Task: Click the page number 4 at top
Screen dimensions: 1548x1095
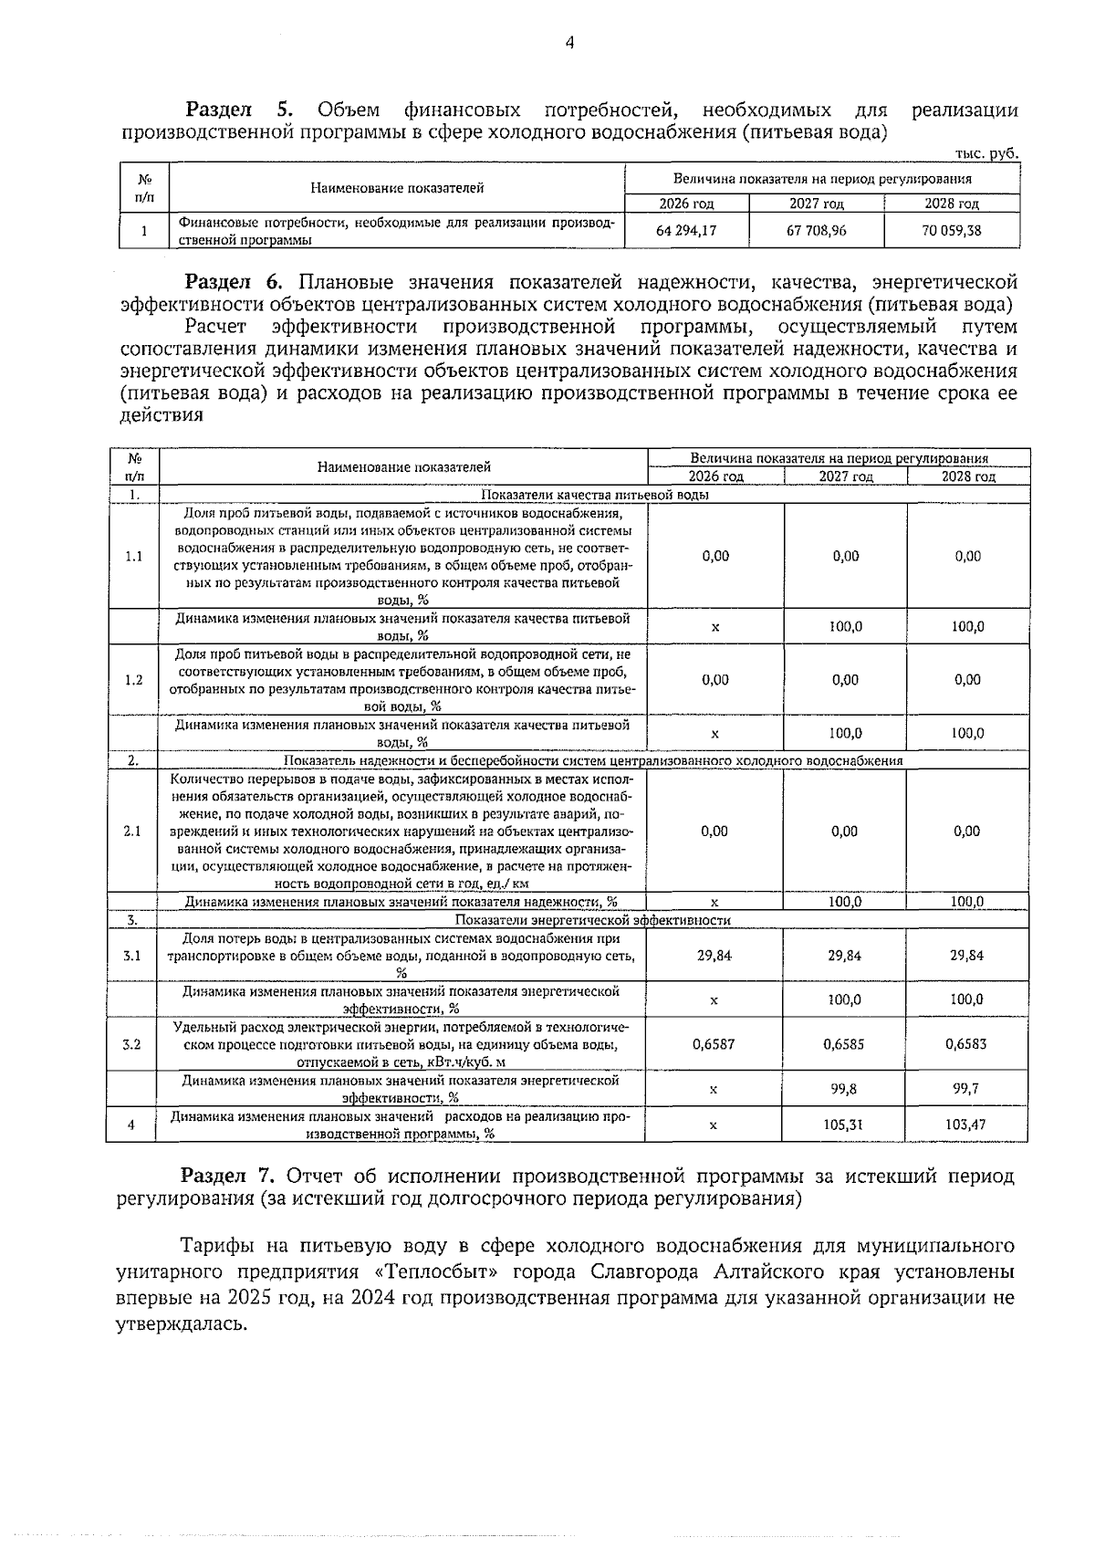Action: point(569,42)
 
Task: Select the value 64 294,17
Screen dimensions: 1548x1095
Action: point(685,231)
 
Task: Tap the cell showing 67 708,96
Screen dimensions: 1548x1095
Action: point(816,231)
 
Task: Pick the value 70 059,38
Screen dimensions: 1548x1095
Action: point(951,231)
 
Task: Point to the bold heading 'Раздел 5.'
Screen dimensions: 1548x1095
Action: point(239,110)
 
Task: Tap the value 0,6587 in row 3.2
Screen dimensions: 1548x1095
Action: point(714,1043)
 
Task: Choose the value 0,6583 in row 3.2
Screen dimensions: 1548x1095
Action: point(967,1043)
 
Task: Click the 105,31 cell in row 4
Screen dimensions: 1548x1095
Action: point(844,1124)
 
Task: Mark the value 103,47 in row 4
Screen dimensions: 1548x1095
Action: point(966,1124)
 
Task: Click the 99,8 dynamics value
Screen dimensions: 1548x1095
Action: point(844,1089)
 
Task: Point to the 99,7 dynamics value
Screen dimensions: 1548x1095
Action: point(967,1089)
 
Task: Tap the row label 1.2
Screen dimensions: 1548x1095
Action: point(132,680)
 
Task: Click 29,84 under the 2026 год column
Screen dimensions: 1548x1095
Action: point(714,956)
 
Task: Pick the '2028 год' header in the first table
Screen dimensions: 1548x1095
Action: point(951,204)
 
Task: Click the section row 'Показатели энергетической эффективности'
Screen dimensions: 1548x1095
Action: point(592,920)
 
